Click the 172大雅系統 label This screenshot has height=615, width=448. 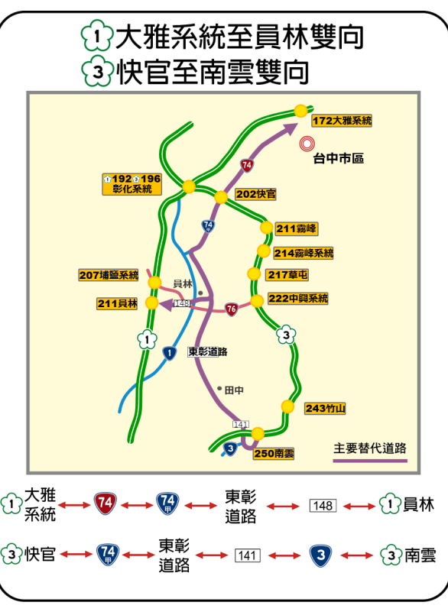point(342,121)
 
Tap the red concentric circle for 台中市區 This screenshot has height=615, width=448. point(308,142)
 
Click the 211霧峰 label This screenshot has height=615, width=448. point(297,228)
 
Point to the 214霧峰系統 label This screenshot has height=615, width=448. point(304,253)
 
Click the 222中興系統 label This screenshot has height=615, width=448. point(297,298)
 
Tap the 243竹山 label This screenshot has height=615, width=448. point(325,409)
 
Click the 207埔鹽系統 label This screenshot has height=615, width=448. point(109,275)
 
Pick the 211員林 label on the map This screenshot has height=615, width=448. point(118,303)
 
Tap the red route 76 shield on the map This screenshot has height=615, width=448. point(231,309)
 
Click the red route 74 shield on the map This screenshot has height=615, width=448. point(246,164)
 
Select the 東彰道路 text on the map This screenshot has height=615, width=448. point(208,352)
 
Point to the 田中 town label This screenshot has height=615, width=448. point(234,390)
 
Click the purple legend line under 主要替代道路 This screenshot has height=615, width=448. point(370,461)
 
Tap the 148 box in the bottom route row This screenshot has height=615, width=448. point(323,506)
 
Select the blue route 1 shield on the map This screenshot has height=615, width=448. point(170,353)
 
